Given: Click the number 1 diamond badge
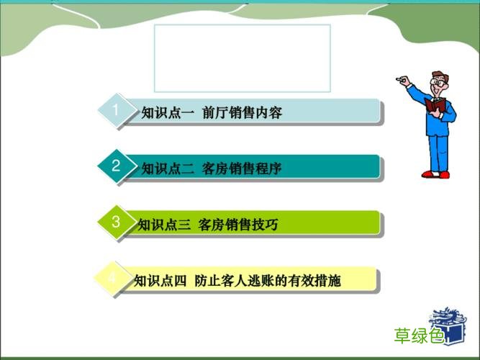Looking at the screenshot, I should point(115,110).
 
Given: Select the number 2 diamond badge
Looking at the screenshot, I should point(115,166).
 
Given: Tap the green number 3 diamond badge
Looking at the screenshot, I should point(115,222).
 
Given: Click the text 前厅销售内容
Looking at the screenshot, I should point(242,112).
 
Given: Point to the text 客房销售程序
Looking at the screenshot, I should point(242,168).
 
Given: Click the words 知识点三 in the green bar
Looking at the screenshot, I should point(163,225).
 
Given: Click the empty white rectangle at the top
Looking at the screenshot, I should point(243,58).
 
